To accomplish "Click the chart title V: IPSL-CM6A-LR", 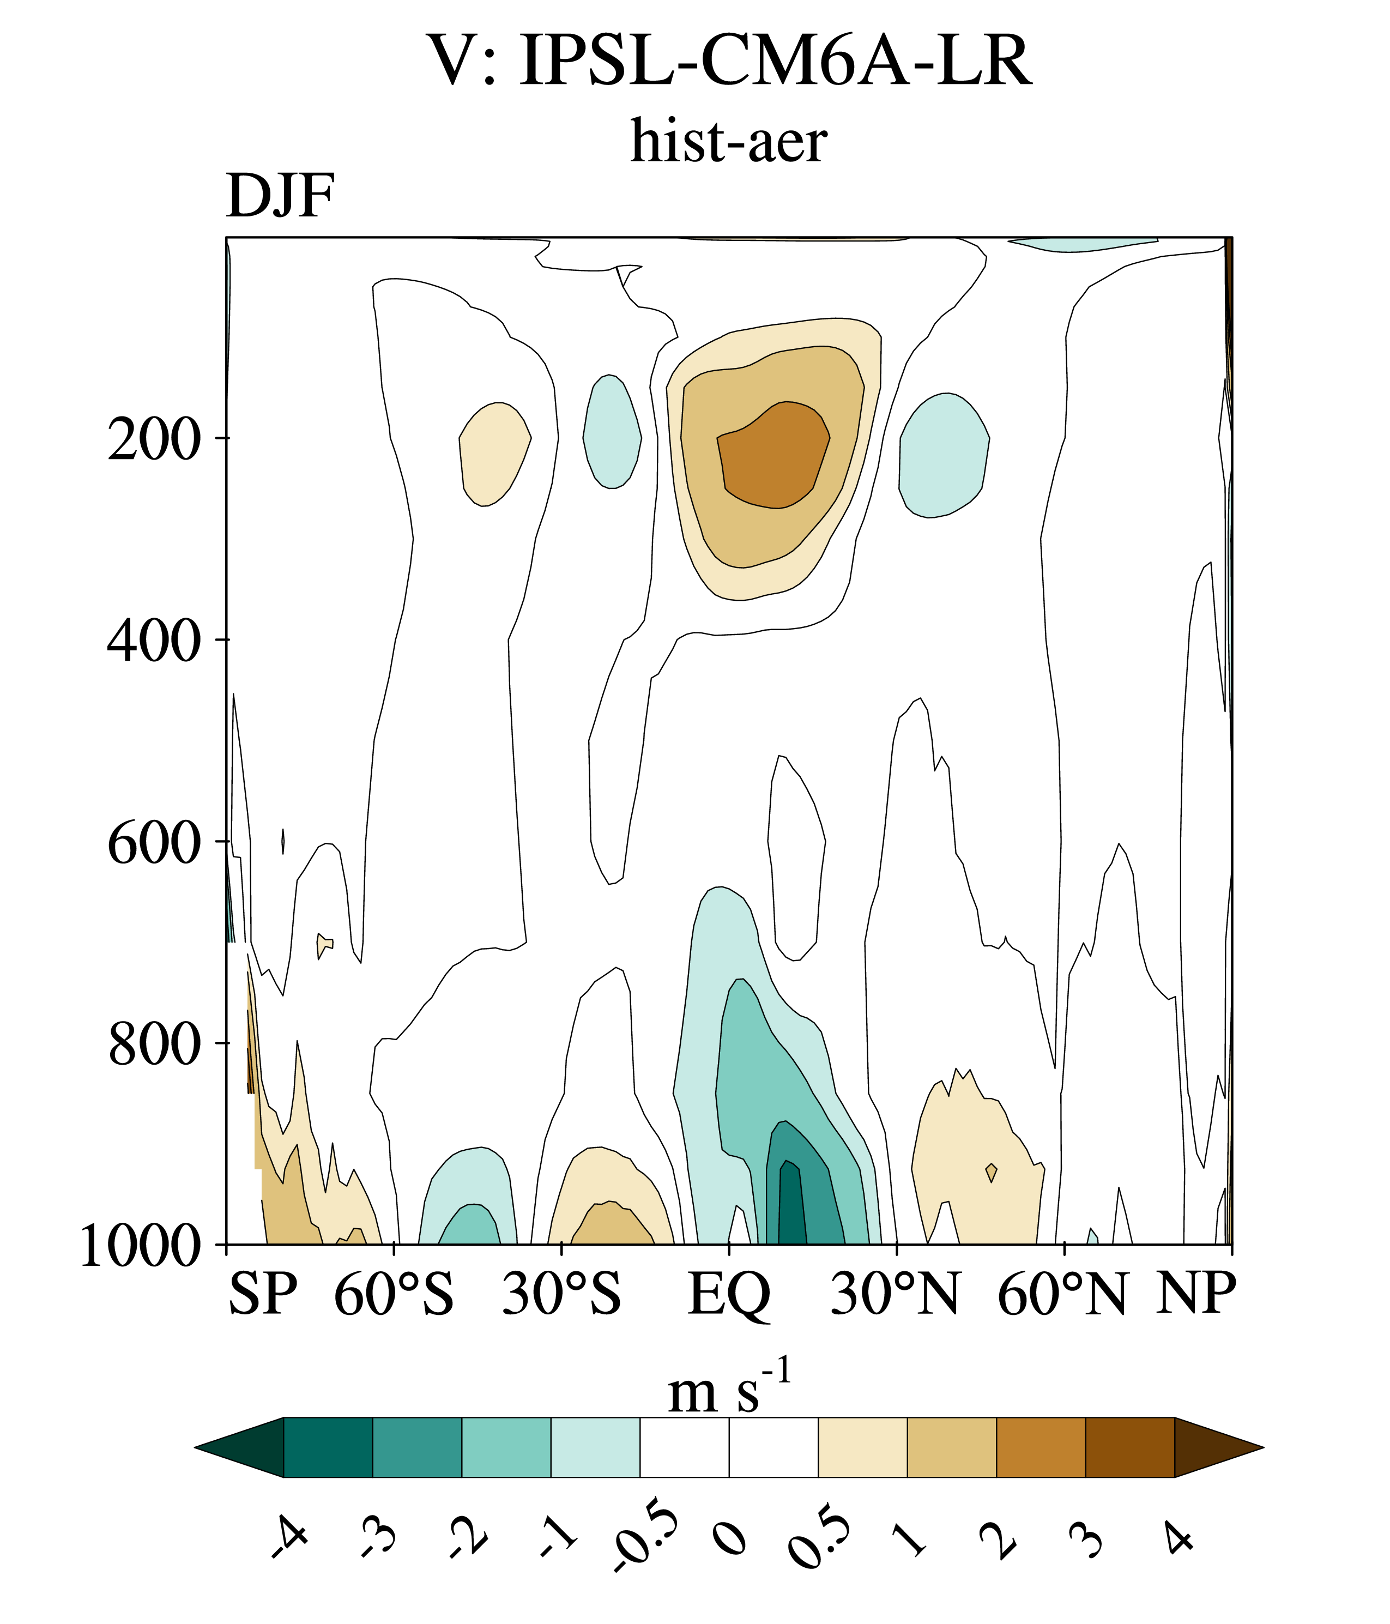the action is click(729, 61).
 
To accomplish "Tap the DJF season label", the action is click(281, 196).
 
